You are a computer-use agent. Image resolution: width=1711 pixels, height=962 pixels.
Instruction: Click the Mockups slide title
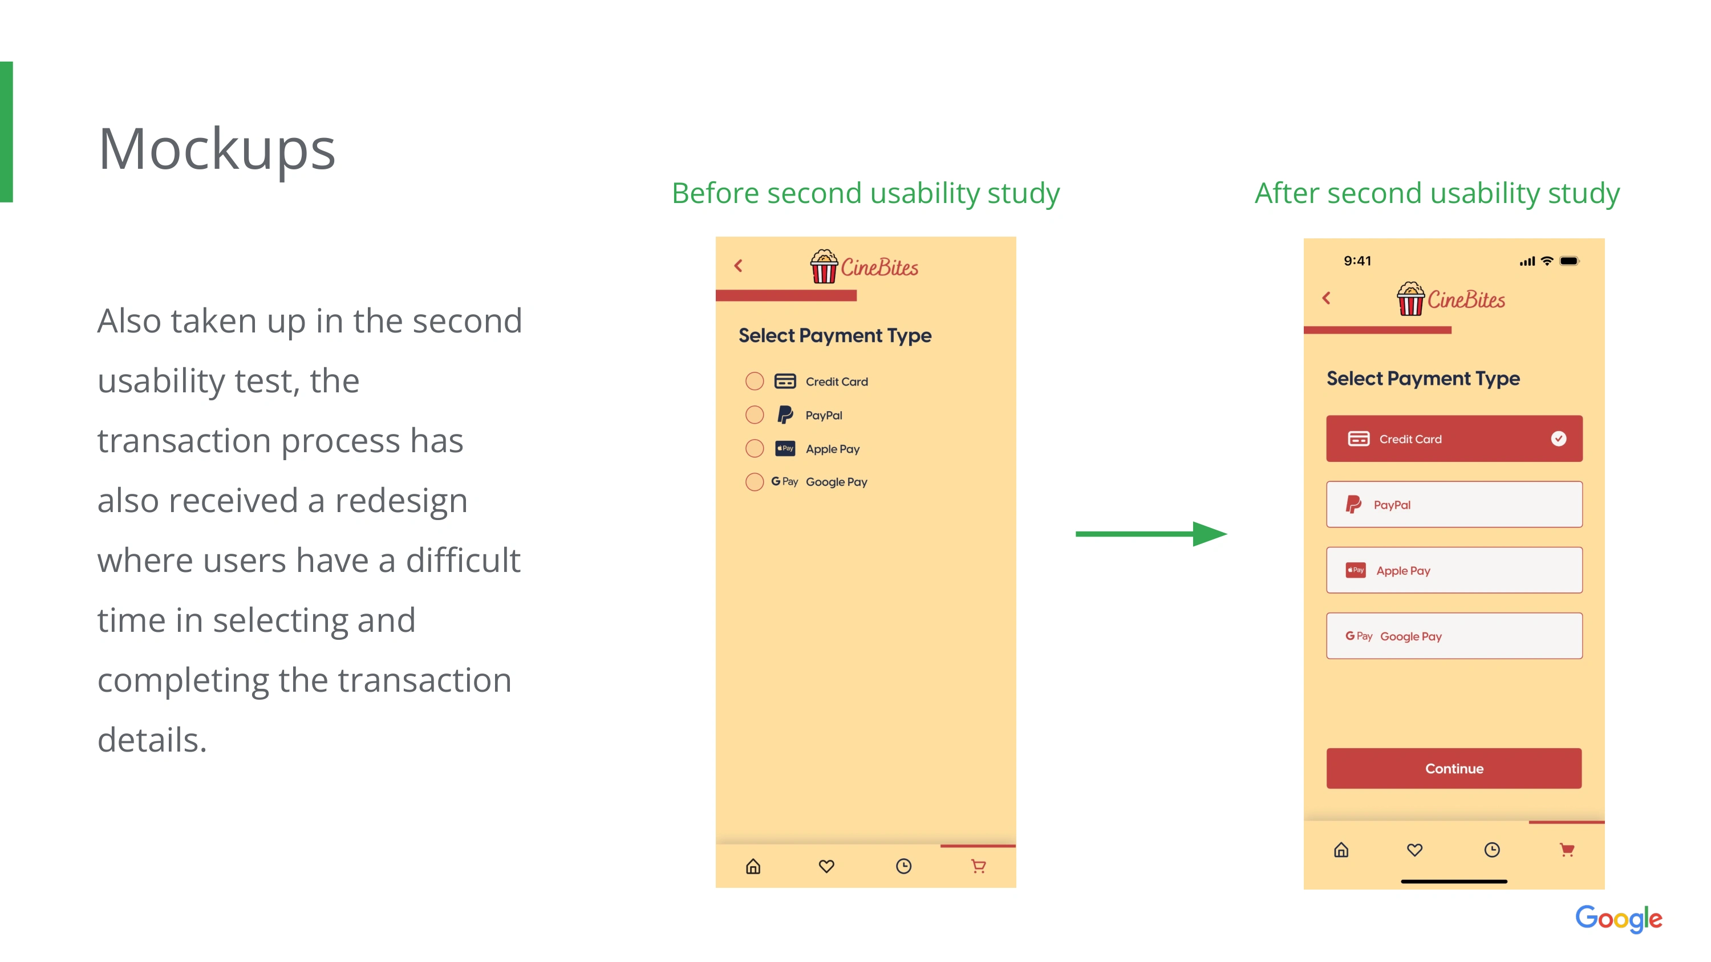[x=217, y=149]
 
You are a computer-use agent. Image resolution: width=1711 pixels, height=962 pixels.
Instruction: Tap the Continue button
[x=1453, y=768]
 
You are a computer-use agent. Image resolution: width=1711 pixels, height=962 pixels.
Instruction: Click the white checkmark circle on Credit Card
[x=1558, y=438]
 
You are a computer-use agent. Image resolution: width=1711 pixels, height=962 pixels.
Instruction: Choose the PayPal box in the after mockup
[x=1454, y=505]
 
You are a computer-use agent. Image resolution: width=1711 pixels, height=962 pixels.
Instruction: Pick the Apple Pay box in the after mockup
[x=1454, y=570]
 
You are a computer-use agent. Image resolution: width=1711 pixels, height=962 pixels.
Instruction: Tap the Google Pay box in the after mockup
[x=1454, y=636]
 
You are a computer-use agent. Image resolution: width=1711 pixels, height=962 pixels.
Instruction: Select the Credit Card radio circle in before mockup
[x=755, y=381]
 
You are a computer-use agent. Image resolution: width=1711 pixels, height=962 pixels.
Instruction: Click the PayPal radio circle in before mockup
[x=755, y=415]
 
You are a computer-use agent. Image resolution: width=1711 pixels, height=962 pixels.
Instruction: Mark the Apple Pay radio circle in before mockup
[x=755, y=448]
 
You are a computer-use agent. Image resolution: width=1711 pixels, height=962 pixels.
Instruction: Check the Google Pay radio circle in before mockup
[x=755, y=481]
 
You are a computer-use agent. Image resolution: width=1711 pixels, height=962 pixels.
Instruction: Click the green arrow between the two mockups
[x=1151, y=534]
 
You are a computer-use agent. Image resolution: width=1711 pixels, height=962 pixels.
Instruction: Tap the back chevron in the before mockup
[x=739, y=266]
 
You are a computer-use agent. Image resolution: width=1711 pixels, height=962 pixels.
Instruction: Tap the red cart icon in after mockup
[x=1567, y=850]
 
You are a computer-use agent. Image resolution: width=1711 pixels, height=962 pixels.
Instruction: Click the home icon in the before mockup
[x=752, y=866]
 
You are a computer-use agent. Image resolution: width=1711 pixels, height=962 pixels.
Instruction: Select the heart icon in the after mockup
[x=1415, y=850]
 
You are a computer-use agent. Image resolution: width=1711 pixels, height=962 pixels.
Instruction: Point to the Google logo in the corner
[x=1619, y=919]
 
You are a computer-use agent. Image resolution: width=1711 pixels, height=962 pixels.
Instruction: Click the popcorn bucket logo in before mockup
[x=824, y=266]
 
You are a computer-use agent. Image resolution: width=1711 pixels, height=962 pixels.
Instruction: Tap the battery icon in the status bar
[x=1570, y=261]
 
